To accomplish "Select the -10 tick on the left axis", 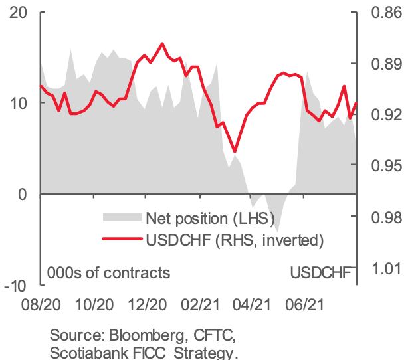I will click(15, 285).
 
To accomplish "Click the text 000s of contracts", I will click(108, 272).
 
